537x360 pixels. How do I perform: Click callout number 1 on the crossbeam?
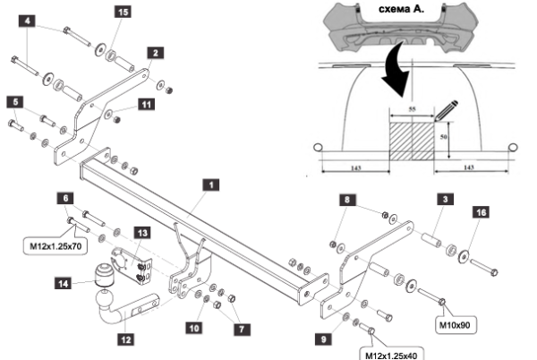coord(210,185)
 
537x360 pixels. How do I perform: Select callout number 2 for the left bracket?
coord(155,53)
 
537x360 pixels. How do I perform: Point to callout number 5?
coord(13,103)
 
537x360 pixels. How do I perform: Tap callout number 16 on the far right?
coord(482,212)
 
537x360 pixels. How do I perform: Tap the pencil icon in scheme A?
coord(445,108)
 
